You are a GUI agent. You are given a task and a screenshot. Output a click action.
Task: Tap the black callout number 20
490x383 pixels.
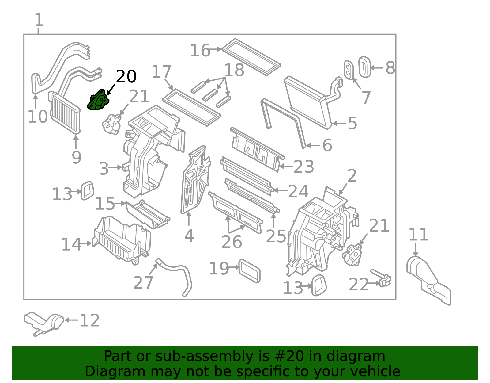[x=126, y=76]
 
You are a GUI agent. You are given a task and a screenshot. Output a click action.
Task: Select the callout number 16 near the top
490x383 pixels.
[x=200, y=50]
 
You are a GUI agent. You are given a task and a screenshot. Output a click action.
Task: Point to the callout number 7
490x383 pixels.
[x=366, y=98]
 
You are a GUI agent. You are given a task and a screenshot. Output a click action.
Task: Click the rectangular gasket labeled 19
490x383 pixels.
[x=250, y=271]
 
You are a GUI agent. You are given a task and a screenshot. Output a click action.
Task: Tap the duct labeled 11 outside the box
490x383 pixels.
[x=429, y=279]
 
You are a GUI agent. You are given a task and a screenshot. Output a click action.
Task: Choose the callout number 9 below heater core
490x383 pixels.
[x=76, y=157]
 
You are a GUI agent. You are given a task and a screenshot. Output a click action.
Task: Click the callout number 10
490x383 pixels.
[x=38, y=117]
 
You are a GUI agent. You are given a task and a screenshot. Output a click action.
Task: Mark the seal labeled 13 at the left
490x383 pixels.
[x=87, y=190]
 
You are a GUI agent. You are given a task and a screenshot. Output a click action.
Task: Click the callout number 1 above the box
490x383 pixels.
[x=39, y=20]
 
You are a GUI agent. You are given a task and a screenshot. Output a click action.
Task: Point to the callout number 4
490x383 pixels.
[x=189, y=236]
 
